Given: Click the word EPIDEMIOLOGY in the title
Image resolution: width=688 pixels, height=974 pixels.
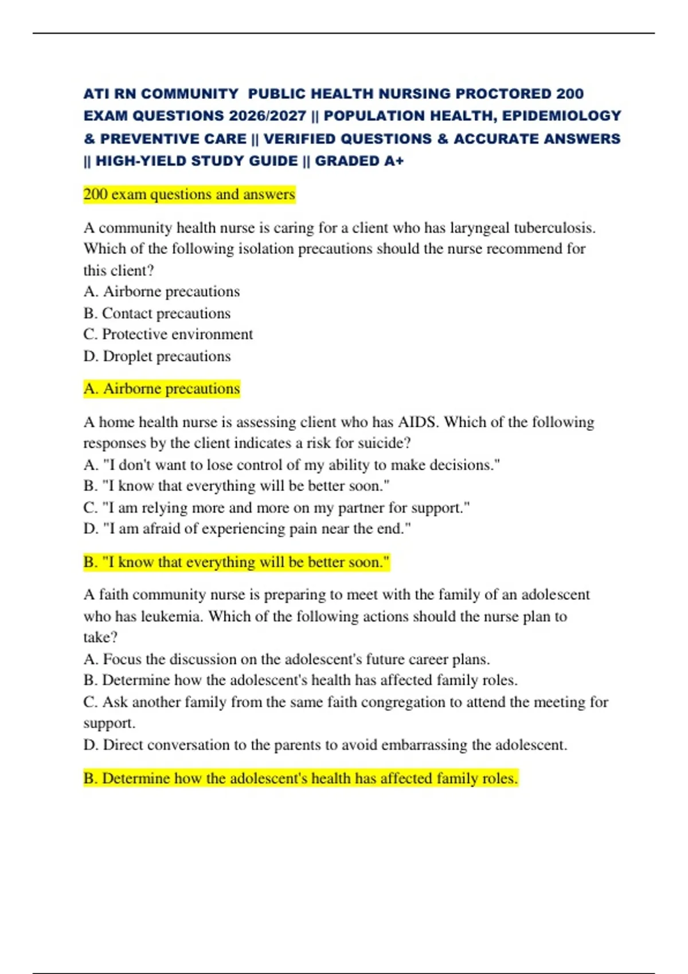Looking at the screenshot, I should (x=561, y=116).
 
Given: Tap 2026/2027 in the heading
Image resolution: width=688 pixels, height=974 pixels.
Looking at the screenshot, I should (x=267, y=116).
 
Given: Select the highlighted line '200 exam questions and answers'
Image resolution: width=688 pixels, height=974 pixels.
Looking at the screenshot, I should (x=189, y=195).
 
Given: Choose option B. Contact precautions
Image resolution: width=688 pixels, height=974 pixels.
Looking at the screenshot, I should (x=157, y=313).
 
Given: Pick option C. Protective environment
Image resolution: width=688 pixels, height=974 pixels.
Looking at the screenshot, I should (x=168, y=335).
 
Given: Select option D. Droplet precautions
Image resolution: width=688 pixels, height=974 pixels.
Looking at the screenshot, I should (x=157, y=356).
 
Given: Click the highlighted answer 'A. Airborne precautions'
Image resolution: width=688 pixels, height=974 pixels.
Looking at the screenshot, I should (x=162, y=389).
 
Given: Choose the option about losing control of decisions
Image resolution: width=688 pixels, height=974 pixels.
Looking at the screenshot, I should (x=292, y=465).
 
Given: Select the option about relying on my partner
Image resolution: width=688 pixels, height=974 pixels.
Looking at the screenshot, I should (x=276, y=508).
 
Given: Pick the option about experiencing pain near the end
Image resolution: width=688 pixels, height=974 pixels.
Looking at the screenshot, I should (x=247, y=529).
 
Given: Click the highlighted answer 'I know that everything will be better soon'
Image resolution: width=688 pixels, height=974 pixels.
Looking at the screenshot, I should (x=236, y=562).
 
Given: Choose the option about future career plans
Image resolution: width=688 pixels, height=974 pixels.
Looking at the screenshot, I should (x=287, y=659).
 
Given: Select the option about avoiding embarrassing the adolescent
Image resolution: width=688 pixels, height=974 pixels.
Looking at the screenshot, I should (x=325, y=745).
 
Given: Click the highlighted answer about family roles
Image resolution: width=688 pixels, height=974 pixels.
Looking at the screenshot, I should (x=300, y=779).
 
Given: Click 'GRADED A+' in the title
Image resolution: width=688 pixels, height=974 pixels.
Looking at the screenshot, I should (x=359, y=161).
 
